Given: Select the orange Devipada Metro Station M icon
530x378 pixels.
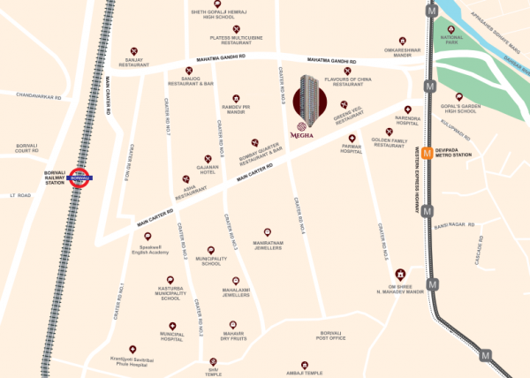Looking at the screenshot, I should click(x=427, y=151).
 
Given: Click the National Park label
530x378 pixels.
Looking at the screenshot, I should click(x=452, y=39).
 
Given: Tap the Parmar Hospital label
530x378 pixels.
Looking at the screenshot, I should click(x=352, y=150).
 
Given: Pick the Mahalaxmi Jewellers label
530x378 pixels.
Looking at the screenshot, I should click(x=236, y=292).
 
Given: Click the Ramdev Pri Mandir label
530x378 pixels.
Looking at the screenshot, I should click(x=236, y=111).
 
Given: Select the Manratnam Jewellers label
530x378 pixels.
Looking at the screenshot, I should click(x=268, y=246).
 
